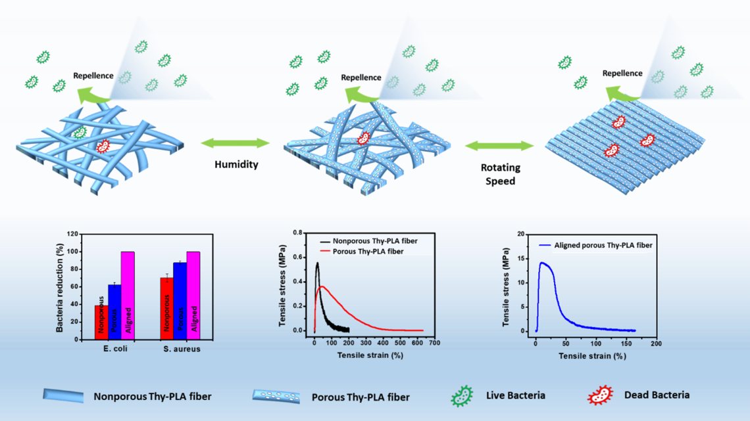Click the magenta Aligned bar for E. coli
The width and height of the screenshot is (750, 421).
coord(128,295)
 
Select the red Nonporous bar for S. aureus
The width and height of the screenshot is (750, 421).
coord(166,308)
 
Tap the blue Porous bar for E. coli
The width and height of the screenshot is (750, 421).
coord(114,311)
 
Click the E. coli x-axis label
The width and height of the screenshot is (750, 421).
coord(114,349)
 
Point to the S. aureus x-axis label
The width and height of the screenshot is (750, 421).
coord(181,349)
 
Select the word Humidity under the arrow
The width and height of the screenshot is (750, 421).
coord(236,165)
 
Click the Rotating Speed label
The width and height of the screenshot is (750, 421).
coord(500,174)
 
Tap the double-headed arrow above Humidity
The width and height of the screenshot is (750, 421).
coord(236,143)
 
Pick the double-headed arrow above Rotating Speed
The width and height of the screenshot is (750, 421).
coord(499,146)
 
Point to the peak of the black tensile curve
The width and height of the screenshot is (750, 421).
coord(317,263)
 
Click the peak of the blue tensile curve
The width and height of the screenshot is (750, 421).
coord(543,263)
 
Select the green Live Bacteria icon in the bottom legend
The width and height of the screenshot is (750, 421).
coord(462,395)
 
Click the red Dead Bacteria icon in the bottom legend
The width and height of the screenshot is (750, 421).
coord(600,395)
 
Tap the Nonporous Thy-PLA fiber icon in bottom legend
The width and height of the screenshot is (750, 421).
coord(64,396)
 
